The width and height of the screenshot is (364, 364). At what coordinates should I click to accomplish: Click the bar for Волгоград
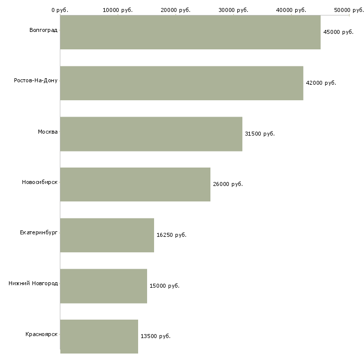pyautogui.click(x=190, y=32)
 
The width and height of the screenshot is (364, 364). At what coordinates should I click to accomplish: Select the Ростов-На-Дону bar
pyautogui.click(x=182, y=83)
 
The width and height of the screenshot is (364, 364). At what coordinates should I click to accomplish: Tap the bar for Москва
pyautogui.click(x=151, y=134)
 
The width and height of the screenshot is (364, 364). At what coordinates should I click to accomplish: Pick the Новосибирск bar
pyautogui.click(x=135, y=184)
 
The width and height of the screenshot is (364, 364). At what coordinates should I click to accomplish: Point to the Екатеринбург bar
pyautogui.click(x=107, y=235)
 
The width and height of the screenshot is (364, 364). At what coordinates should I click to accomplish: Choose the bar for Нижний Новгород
pyautogui.click(x=103, y=286)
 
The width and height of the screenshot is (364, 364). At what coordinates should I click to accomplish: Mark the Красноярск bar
pyautogui.click(x=99, y=336)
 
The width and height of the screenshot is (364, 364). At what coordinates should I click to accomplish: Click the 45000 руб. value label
pyautogui.click(x=338, y=32)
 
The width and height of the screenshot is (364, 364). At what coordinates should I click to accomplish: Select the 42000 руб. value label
pyautogui.click(x=321, y=83)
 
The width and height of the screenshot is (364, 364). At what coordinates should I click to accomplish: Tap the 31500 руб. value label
pyautogui.click(x=260, y=134)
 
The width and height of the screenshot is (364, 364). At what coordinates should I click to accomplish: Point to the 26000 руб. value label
pyautogui.click(x=228, y=184)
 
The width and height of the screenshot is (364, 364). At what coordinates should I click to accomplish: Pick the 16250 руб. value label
pyautogui.click(x=172, y=235)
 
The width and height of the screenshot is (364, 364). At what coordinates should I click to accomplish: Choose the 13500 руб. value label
pyautogui.click(x=156, y=336)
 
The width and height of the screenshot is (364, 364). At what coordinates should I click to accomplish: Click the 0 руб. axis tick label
pyautogui.click(x=60, y=10)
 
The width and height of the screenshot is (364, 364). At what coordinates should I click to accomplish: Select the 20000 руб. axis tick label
pyautogui.click(x=176, y=10)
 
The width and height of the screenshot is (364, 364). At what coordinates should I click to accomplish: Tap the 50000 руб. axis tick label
pyautogui.click(x=349, y=10)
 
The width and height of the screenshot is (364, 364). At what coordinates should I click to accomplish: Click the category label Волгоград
pyautogui.click(x=43, y=30)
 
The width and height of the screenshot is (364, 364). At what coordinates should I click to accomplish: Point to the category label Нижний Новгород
pyautogui.click(x=33, y=284)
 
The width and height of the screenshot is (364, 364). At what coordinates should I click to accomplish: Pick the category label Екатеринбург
pyautogui.click(x=39, y=233)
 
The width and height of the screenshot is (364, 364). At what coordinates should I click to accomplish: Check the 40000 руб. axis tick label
pyautogui.click(x=291, y=10)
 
